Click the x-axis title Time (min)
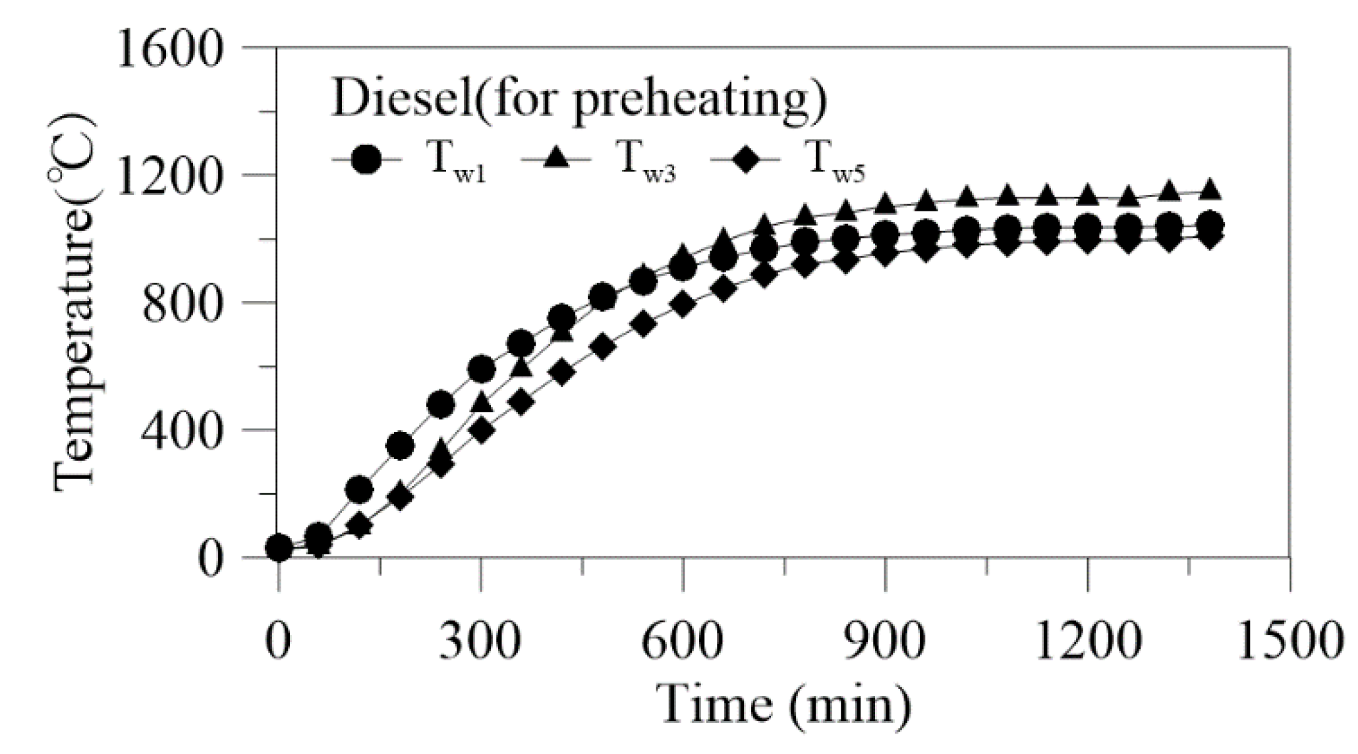pyautogui.click(x=784, y=705)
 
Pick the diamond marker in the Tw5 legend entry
pyautogui.click(x=745, y=159)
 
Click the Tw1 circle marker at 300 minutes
pyautogui.click(x=481, y=369)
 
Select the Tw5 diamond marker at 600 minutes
pyautogui.click(x=683, y=306)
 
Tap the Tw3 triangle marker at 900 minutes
pyautogui.click(x=885, y=203)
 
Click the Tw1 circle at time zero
pyautogui.click(x=279, y=547)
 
